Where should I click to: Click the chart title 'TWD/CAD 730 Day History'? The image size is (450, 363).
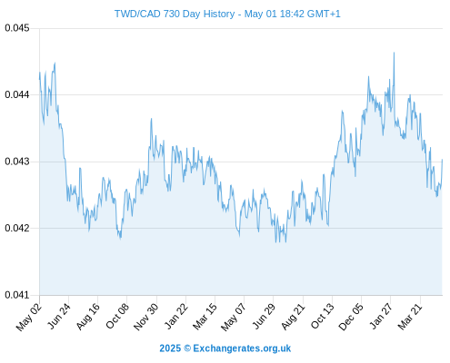175,14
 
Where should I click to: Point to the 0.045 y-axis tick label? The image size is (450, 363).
17,28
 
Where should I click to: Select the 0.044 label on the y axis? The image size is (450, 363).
17,94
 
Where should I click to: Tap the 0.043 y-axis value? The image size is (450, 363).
17,162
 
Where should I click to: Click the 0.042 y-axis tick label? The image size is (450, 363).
17,228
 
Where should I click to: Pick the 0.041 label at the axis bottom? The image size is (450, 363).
17,295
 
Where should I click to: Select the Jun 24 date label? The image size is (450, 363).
59,316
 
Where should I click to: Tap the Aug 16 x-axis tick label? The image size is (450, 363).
88,316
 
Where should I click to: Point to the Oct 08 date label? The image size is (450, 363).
117,316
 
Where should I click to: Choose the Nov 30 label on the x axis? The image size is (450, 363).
146,317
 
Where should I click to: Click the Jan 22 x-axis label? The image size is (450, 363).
176,316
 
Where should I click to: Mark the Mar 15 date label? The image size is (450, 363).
205,316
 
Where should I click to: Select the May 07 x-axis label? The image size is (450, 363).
234,317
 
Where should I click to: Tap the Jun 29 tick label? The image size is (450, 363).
265,316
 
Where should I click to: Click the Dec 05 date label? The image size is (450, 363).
351,317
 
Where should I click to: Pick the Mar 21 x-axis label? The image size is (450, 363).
410,316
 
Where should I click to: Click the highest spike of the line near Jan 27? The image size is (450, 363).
394,53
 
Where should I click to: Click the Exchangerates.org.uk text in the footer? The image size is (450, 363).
242,348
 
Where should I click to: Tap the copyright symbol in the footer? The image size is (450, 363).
187,348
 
